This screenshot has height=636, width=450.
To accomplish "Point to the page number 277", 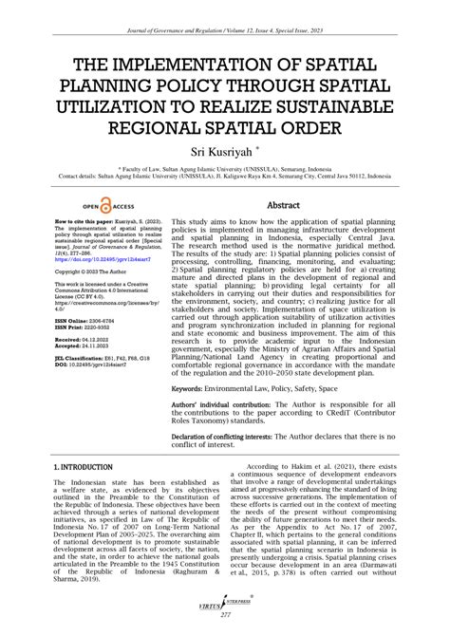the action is point(224,617).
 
